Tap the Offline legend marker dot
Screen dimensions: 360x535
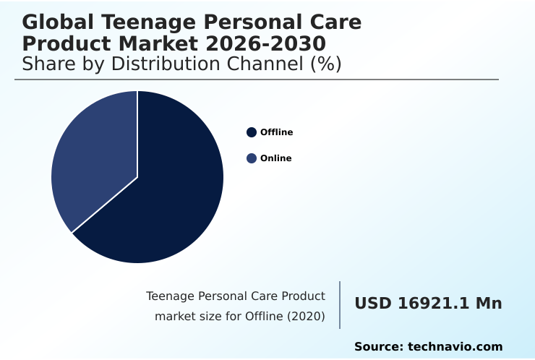(x=252, y=132)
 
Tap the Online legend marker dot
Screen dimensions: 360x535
(x=252, y=158)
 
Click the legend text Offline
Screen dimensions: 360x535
(x=276, y=132)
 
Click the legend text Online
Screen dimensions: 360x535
(x=275, y=158)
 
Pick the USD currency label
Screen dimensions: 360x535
(x=372, y=304)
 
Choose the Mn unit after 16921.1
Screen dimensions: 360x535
(x=488, y=304)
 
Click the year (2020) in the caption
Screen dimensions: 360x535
(x=307, y=316)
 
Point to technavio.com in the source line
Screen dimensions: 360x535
(x=455, y=347)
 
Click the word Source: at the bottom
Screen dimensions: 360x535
(x=378, y=347)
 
